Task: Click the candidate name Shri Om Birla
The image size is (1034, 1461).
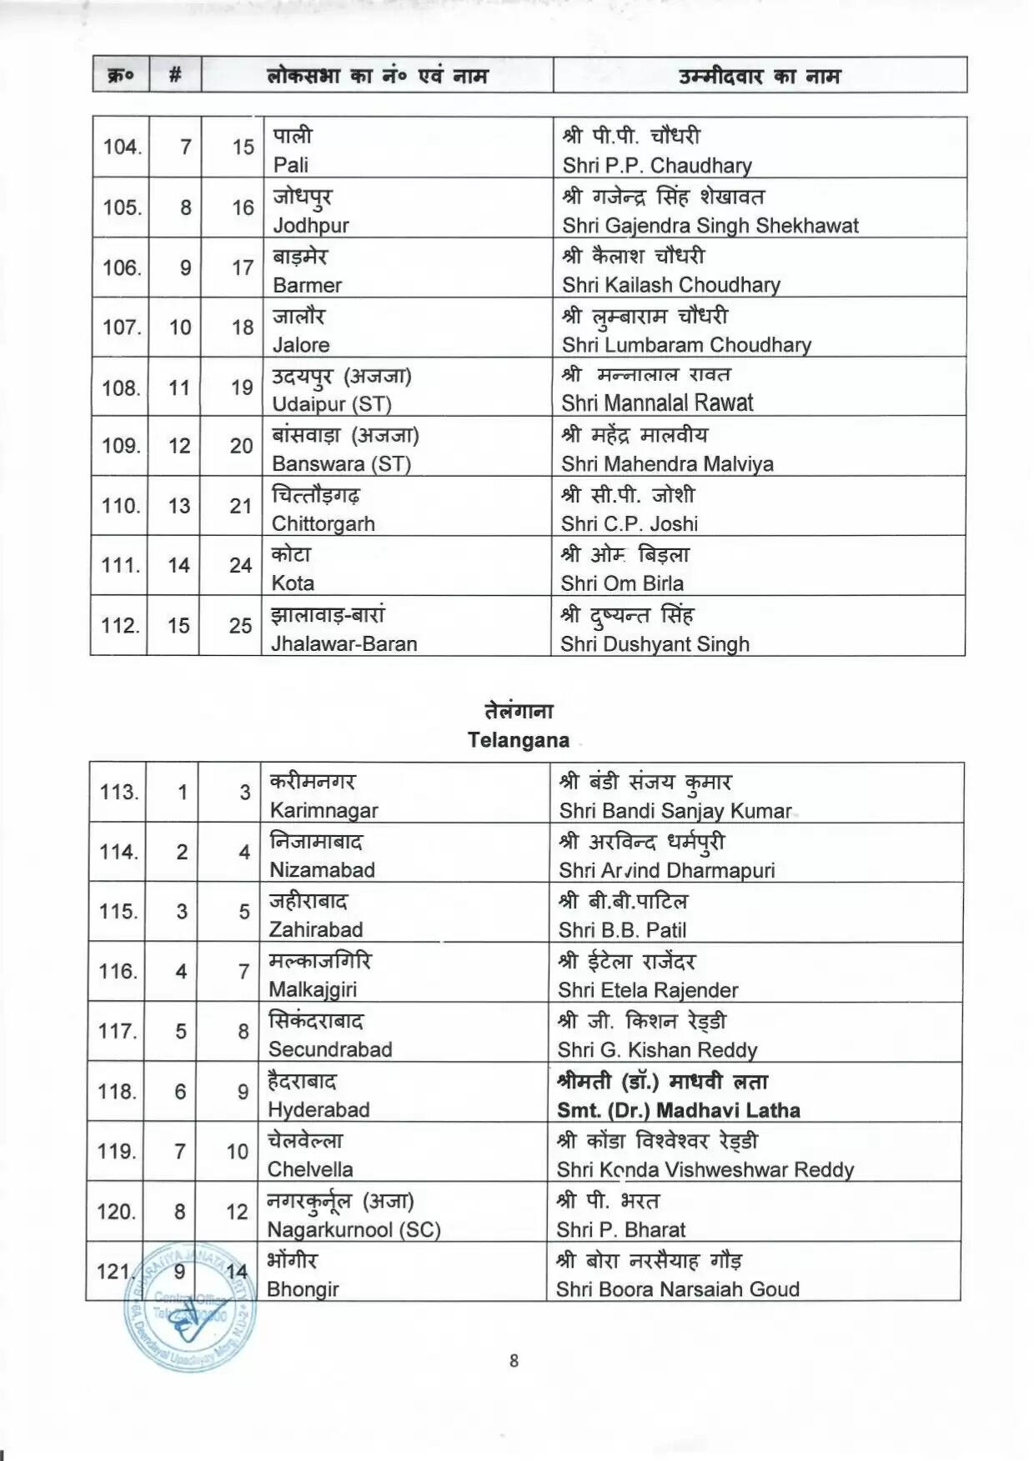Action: (621, 583)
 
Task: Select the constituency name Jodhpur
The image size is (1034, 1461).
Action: (310, 225)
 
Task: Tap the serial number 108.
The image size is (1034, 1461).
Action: (120, 388)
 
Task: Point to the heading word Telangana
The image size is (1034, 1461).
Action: (518, 740)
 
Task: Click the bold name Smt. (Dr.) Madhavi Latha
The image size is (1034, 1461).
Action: (678, 1110)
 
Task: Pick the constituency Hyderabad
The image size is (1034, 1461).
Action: (318, 1109)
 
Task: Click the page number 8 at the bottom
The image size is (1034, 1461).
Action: (514, 1361)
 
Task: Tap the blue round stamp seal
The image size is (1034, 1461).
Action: (190, 1306)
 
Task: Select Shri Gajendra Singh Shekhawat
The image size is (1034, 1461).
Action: (710, 225)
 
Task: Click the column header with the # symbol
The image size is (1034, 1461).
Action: (175, 76)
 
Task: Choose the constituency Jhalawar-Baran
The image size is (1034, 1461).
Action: (344, 643)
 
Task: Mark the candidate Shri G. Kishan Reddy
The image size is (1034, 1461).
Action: (657, 1050)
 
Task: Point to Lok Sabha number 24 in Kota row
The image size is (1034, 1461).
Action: (240, 566)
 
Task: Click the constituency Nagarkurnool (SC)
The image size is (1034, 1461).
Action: (354, 1229)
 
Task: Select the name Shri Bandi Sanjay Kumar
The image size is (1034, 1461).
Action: (675, 810)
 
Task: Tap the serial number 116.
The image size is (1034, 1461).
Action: (118, 972)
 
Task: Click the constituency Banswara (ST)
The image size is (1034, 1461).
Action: (341, 463)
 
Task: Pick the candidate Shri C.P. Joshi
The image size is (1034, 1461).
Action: (629, 523)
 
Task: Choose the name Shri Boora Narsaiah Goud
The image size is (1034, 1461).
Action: (677, 1289)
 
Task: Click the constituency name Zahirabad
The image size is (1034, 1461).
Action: (315, 929)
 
